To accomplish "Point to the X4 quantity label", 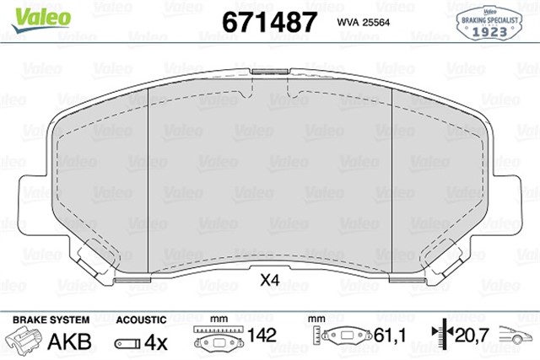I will (x=269, y=280).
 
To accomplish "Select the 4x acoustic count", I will (x=154, y=341).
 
